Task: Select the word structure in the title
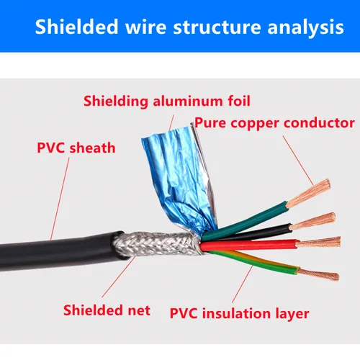tap(209, 28)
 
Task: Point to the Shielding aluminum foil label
tap(167, 100)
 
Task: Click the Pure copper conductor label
tap(274, 122)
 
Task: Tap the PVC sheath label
tap(76, 149)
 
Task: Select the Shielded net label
tap(107, 310)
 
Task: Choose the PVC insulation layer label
tap(239, 313)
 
